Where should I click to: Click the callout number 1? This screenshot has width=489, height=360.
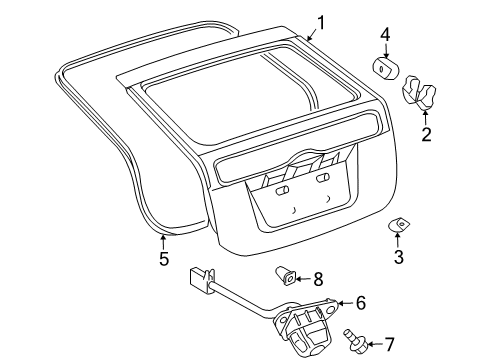pyautogui.click(x=321, y=22)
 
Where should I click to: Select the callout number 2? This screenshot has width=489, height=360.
pyautogui.click(x=426, y=134)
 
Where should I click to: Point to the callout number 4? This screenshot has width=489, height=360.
pyautogui.click(x=385, y=37)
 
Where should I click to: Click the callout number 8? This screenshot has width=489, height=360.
pyautogui.click(x=318, y=279)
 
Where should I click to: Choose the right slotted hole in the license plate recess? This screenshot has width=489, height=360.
pyautogui.click(x=322, y=181)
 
